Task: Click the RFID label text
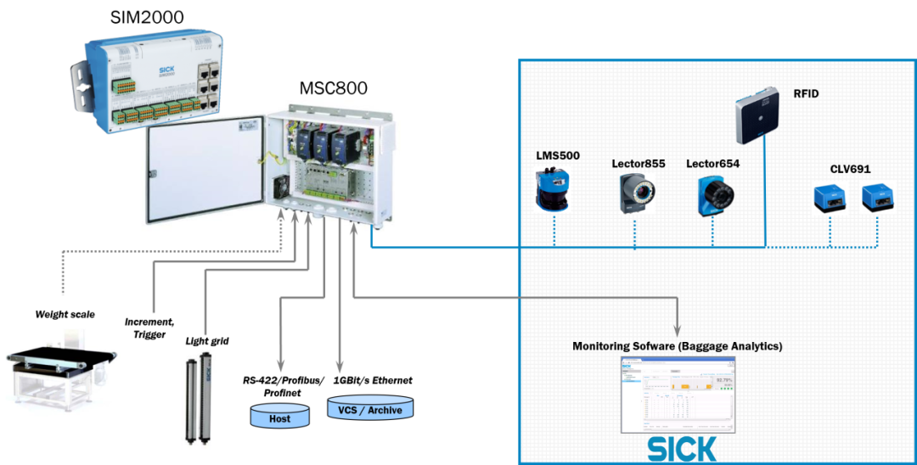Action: point(806,93)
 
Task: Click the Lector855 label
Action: point(638,163)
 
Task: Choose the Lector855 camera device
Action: point(634,193)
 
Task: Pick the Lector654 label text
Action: point(712,163)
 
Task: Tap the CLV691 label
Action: point(850,168)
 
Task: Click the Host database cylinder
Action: point(279,416)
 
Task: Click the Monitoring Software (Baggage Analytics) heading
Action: point(677,346)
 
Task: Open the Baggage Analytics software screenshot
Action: point(677,395)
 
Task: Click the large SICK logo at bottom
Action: point(682,449)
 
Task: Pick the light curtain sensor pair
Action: point(199,399)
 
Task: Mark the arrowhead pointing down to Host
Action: point(280,367)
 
